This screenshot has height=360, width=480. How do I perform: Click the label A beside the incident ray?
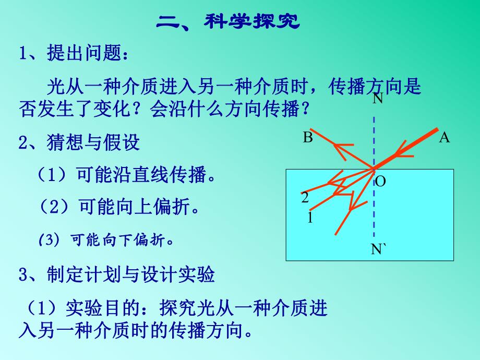[x=445, y=138]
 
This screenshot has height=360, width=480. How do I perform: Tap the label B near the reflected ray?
[x=308, y=138]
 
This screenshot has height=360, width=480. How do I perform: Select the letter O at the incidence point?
[x=381, y=182]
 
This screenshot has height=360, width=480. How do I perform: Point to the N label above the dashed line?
[x=378, y=99]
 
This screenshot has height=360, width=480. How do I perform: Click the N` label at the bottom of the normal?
[x=379, y=249]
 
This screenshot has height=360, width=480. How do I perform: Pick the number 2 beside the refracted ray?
[x=305, y=198]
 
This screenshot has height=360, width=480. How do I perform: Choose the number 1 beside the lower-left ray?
[x=310, y=218]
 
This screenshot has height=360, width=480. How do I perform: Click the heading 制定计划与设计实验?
[x=130, y=275]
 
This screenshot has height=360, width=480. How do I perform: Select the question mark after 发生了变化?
[x=142, y=109]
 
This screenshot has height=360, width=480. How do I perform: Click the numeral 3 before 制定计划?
[x=23, y=275]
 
